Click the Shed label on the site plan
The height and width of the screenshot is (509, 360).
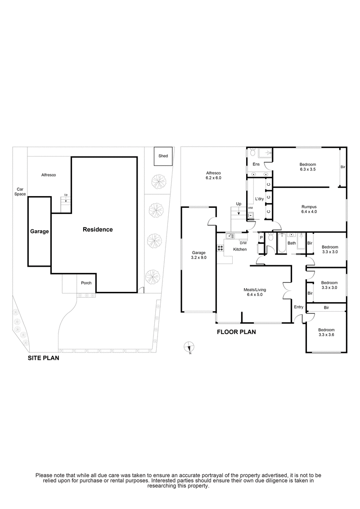163,156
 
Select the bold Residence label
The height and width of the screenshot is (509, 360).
98,229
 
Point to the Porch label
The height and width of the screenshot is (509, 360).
86,283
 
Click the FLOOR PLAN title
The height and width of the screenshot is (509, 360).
236,333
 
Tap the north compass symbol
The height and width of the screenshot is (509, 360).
189,347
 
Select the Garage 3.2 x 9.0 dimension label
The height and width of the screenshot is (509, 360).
198,255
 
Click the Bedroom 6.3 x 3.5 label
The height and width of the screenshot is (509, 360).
308,167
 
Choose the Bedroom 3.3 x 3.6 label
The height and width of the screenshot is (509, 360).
326,332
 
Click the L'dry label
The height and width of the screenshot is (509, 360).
259,199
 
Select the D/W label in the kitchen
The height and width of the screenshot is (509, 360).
243,243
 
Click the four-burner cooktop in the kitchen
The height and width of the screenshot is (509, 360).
220,248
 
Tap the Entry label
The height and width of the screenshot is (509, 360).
298,307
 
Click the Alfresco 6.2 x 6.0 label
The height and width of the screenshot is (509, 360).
214,175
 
